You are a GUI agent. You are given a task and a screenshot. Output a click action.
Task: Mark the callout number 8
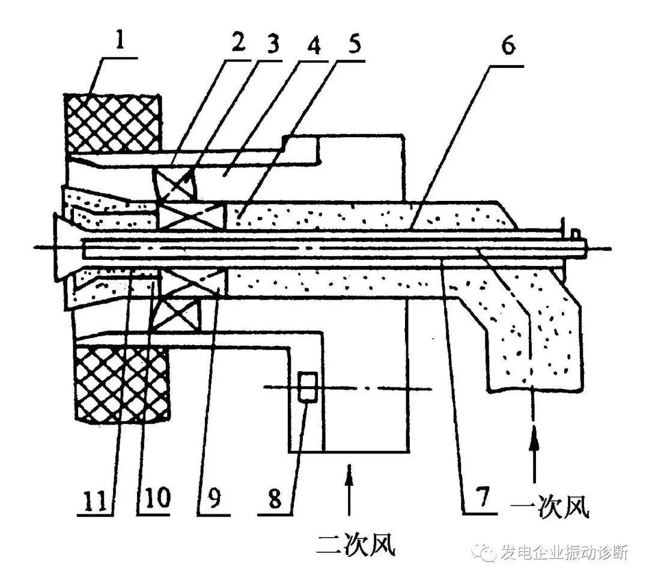point(275,497)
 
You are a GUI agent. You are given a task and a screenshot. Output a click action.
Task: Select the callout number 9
point(213,497)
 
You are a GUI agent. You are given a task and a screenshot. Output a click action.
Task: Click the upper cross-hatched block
point(112,123)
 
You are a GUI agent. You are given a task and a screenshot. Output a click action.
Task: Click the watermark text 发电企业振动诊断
point(564,553)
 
